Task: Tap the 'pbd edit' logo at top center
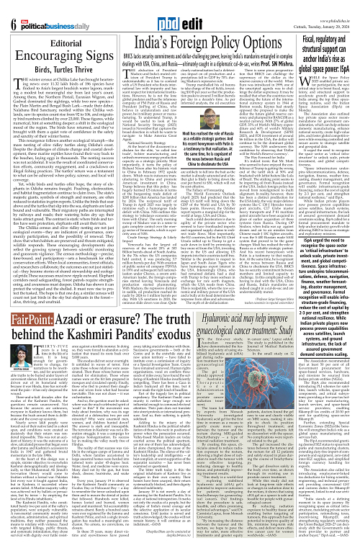coord(181,14)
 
